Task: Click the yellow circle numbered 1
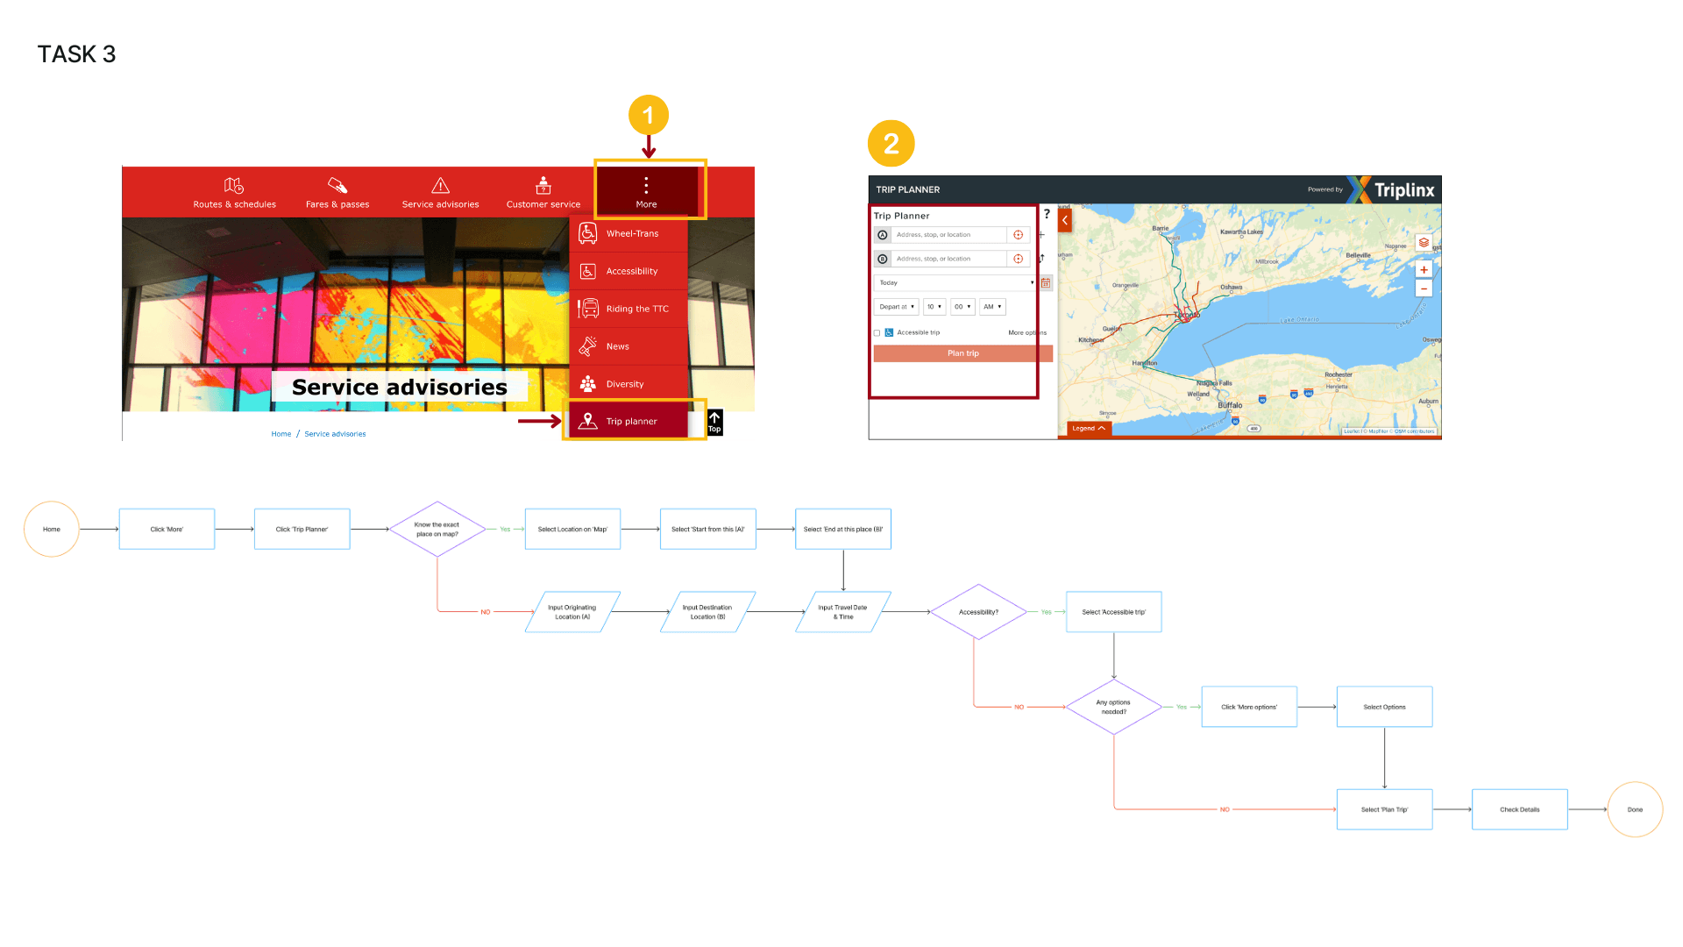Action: [x=648, y=116]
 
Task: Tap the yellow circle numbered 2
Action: [x=891, y=144]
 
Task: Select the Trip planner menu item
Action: [x=631, y=422]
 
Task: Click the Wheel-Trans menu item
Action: [x=631, y=234]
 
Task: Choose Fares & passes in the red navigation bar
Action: [x=337, y=193]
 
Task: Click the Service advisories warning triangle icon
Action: [x=440, y=185]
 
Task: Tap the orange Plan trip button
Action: [x=962, y=353]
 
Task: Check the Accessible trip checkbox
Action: [x=877, y=333]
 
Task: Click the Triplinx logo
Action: [x=1394, y=189]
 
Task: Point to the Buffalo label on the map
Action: [x=1230, y=406]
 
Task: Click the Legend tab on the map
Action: [x=1088, y=429]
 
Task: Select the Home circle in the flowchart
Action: [x=52, y=530]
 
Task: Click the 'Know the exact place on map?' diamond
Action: [x=437, y=530]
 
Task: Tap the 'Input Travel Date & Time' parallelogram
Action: [x=842, y=612]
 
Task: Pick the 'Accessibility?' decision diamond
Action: [x=978, y=612]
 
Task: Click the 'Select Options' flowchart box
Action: [x=1384, y=707]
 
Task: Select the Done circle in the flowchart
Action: [x=1635, y=809]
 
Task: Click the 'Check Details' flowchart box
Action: [x=1519, y=809]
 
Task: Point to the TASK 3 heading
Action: [x=77, y=54]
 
